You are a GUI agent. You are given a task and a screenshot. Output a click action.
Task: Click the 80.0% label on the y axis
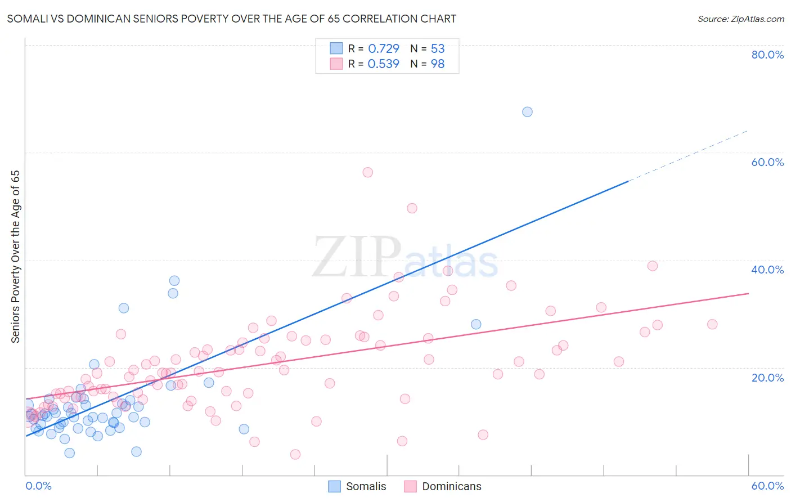point(767,55)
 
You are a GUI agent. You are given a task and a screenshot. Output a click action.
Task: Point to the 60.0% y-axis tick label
point(767,162)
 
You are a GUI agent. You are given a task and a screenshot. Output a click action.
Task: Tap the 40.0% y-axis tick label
point(767,270)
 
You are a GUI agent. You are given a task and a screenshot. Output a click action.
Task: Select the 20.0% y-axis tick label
point(767,377)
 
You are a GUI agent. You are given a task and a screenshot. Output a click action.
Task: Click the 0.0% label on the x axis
point(38,486)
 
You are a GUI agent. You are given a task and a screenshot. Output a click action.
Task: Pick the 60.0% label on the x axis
point(767,486)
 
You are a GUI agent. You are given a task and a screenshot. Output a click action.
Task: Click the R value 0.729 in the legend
point(384,49)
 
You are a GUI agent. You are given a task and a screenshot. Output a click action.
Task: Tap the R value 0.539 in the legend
point(384,64)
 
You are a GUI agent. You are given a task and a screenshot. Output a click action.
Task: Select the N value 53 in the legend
point(438,49)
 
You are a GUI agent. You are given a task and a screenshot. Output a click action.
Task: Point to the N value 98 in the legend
point(438,64)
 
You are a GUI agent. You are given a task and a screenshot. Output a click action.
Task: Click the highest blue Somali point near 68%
point(527,112)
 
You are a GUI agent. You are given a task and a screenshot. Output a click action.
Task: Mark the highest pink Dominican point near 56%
point(367,172)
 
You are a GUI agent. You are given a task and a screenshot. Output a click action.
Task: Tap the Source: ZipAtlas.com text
point(740,19)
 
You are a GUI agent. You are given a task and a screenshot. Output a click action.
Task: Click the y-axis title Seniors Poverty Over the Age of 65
point(16,257)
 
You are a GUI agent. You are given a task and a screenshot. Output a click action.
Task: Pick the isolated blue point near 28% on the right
point(476,324)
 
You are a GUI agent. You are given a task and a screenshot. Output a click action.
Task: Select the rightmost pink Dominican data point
point(712,324)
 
